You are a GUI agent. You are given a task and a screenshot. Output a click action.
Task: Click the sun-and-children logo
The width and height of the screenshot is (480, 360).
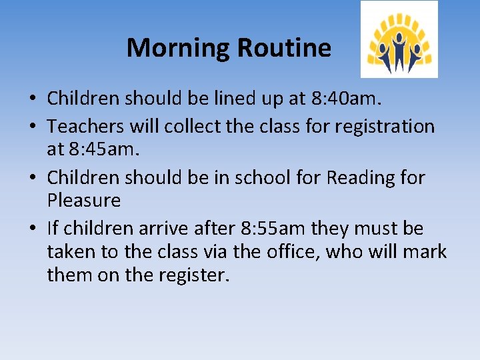click(399, 39)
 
